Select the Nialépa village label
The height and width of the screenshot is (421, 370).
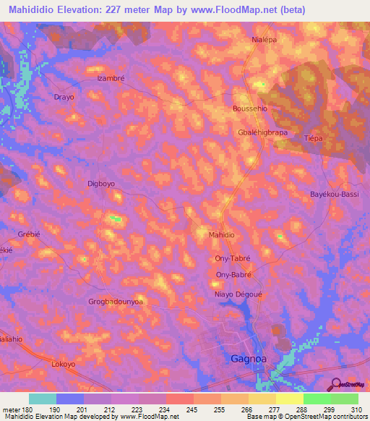coord(264,40)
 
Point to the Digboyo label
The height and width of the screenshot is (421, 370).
coord(100,184)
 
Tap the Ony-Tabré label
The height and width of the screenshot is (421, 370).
coord(233,258)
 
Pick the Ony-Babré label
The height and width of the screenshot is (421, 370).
coord(233,275)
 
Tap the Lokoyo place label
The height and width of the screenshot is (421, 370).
coord(63,365)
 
